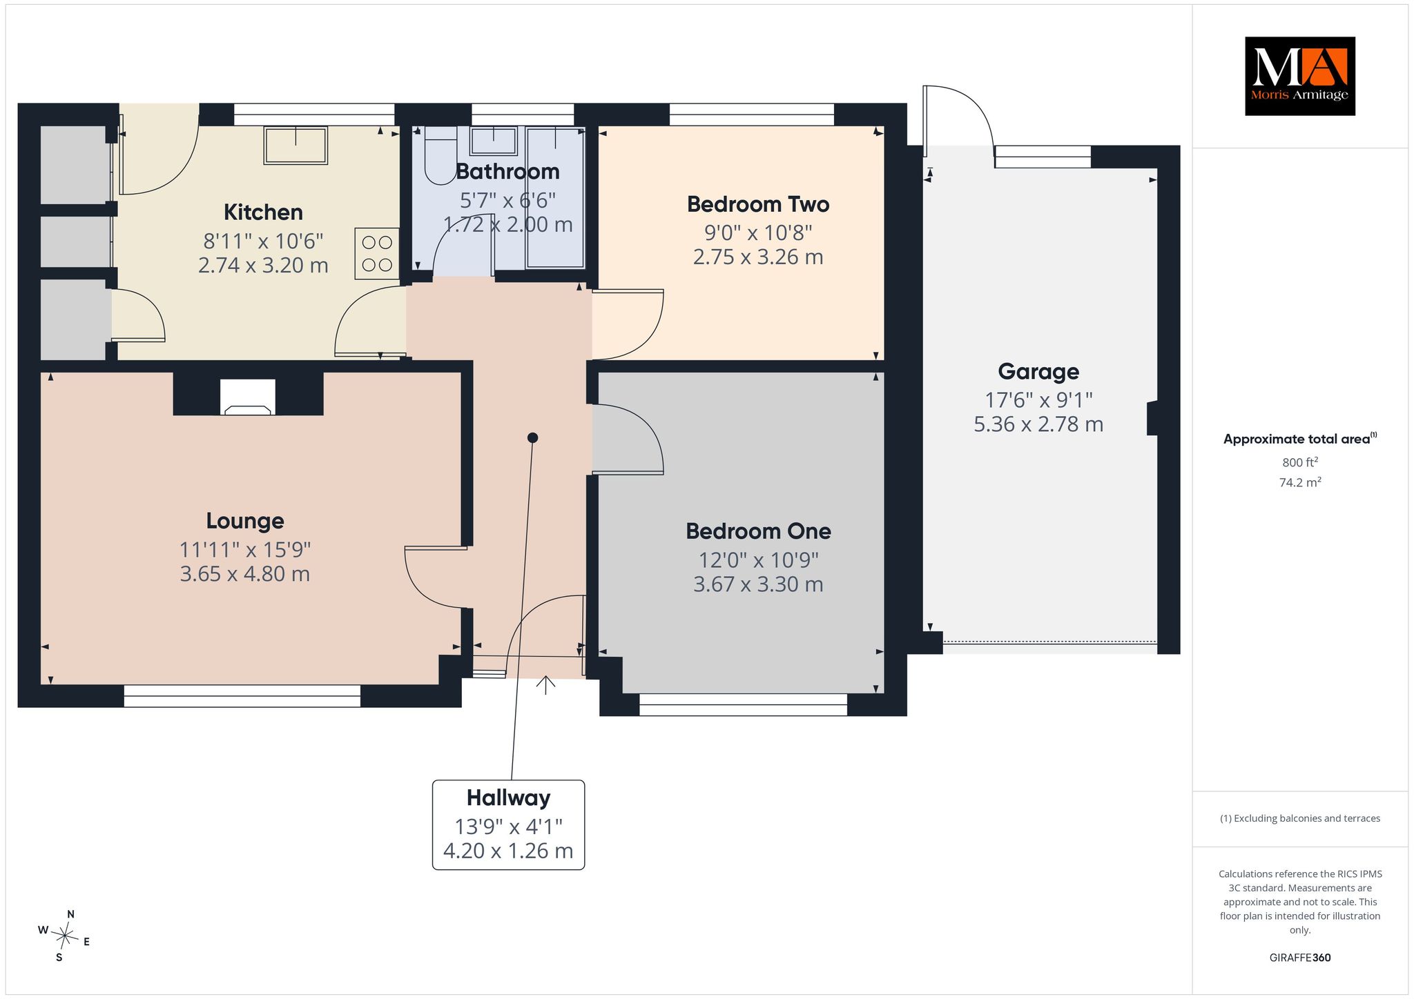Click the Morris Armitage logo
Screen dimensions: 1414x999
coord(1299,76)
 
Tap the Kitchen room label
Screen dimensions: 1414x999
coord(263,212)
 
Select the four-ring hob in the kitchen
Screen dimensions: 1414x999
coord(377,254)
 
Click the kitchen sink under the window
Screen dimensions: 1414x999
coord(296,145)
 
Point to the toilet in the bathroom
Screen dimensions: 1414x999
coord(440,155)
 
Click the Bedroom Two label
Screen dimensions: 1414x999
coord(758,204)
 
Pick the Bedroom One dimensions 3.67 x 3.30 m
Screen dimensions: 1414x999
coord(758,584)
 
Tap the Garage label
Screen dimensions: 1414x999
coord(1038,372)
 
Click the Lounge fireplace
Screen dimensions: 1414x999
coord(248,397)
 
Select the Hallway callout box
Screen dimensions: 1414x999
coord(508,824)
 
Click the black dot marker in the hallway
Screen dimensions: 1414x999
coord(532,437)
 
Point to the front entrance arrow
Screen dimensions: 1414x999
coord(546,685)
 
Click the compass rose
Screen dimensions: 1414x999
coord(64,936)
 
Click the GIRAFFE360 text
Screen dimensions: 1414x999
coord(1300,958)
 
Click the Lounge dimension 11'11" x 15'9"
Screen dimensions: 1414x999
coord(245,550)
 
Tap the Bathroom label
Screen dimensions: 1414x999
coord(507,171)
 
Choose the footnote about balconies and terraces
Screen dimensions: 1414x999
coord(1300,818)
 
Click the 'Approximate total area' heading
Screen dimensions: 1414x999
coord(1297,439)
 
